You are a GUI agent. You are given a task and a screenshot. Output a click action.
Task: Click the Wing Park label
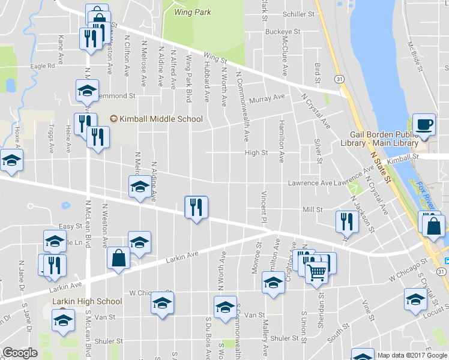point(188,11)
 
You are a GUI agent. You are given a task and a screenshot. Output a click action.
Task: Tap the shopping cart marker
point(317,272)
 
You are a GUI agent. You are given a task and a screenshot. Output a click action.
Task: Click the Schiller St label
point(299,14)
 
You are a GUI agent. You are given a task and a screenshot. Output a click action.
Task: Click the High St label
point(256,153)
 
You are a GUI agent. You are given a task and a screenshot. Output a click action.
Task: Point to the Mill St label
point(313,209)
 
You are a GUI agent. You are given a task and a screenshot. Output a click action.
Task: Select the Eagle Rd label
point(43,67)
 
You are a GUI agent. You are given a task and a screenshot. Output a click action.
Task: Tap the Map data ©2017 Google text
point(412,355)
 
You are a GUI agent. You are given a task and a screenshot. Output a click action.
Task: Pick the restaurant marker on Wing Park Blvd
point(196,208)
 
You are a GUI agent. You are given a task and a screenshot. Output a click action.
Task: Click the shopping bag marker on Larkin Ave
point(119,259)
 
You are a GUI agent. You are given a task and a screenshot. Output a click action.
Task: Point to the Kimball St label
point(402,160)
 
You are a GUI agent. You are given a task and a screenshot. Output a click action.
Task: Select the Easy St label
point(70,226)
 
